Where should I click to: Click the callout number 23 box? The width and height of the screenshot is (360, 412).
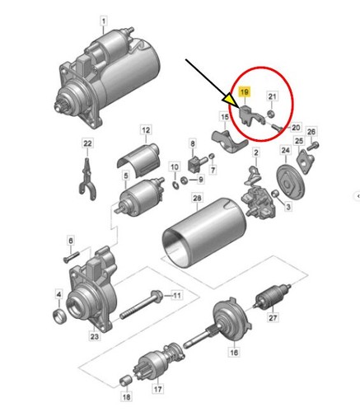(94, 335)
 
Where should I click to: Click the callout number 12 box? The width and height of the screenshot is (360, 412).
(145, 130)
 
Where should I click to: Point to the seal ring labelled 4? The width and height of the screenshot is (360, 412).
(59, 317)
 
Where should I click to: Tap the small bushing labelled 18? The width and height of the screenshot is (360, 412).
(125, 380)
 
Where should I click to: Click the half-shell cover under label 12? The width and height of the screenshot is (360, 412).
(139, 154)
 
